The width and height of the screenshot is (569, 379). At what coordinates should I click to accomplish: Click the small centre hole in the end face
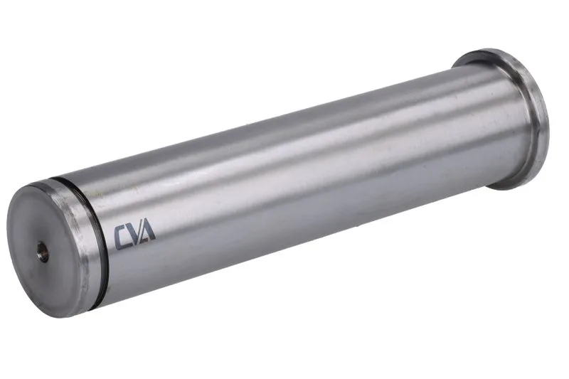43,252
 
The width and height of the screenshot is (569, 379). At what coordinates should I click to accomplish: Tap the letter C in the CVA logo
122,238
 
